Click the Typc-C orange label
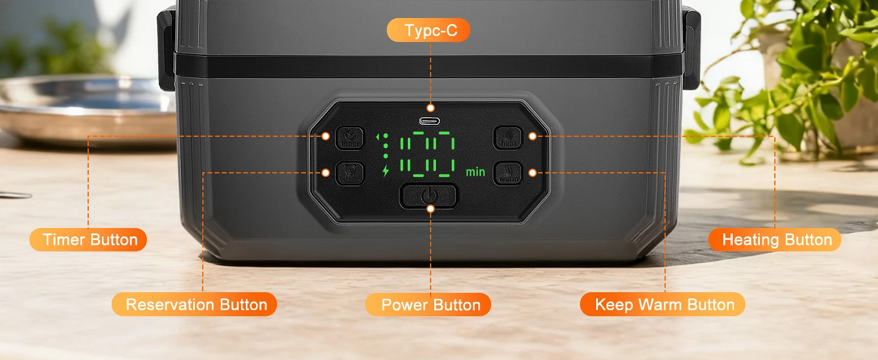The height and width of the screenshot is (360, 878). coord(428,31)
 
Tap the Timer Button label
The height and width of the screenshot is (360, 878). coord(88,240)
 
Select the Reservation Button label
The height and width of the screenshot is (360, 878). coord(194,304)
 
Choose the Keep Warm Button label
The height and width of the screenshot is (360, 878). coord(663,304)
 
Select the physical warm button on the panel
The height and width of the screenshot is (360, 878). coord(508,173)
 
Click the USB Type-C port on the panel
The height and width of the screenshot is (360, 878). coord(429,121)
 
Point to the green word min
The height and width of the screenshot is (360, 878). coord(476,172)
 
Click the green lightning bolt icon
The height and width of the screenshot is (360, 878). coord(386,170)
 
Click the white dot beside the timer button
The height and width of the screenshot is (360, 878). coord(326,136)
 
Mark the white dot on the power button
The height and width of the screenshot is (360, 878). coord(430,208)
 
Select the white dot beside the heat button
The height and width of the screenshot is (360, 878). coord(532,136)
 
